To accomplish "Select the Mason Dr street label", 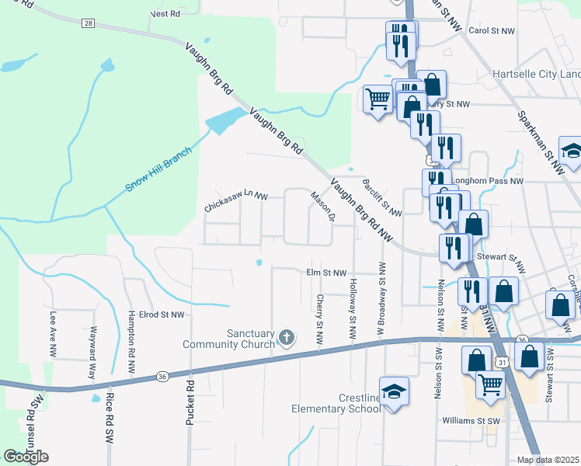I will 322,207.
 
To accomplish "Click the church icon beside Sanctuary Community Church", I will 287,337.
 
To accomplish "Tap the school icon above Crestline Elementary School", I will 394,391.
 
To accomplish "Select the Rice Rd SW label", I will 109,420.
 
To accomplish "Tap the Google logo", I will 26,457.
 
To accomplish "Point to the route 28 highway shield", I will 89,24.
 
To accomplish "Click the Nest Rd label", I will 165,14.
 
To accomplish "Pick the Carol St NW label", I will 492,31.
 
